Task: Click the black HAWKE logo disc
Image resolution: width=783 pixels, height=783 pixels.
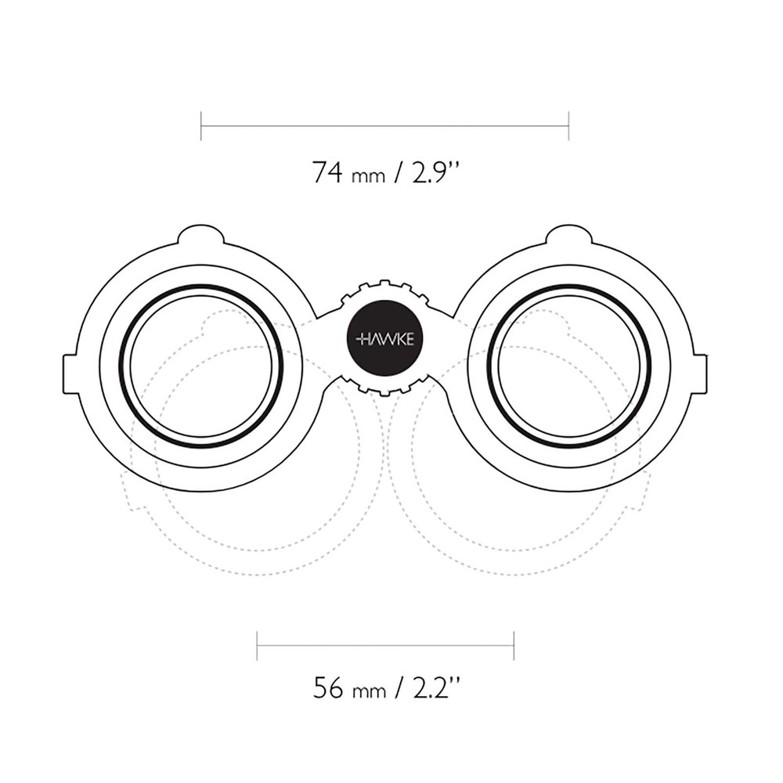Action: tap(384, 339)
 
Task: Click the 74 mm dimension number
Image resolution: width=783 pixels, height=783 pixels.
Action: tap(327, 171)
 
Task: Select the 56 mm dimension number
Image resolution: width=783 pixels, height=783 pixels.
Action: tap(328, 688)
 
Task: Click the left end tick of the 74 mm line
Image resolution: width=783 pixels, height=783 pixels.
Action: tap(201, 125)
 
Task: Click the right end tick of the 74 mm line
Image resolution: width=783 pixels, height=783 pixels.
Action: tap(568, 125)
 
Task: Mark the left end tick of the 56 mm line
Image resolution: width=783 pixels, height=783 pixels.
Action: tap(257, 646)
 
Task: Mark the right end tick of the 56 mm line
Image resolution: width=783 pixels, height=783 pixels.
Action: tap(514, 646)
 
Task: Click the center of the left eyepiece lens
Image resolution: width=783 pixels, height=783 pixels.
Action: tap(201, 366)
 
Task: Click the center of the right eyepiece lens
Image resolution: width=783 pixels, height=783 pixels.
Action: tap(569, 366)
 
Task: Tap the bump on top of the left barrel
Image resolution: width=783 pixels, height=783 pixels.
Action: tap(201, 233)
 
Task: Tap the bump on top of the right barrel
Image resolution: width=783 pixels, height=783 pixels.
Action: tap(569, 233)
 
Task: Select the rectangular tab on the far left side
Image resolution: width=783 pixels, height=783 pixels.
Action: tap(70, 373)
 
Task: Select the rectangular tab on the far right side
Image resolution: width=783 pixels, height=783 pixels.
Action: tap(700, 373)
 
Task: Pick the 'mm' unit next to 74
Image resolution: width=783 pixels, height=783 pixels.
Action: tap(368, 176)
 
